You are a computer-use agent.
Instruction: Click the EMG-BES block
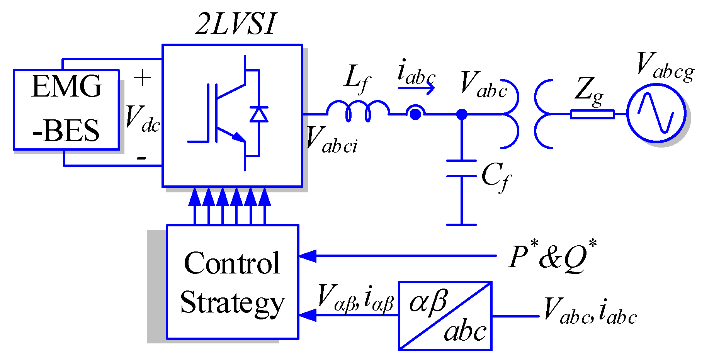point(66,110)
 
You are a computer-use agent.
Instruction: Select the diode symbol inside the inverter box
point(258,114)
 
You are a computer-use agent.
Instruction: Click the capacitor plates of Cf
point(461,168)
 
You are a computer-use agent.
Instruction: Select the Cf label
point(496,177)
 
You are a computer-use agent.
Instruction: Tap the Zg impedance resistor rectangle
point(592,114)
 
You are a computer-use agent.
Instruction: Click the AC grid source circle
point(656,114)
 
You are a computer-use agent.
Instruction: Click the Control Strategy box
point(232,282)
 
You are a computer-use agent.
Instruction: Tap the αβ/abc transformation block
point(445,316)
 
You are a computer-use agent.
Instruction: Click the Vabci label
point(331,140)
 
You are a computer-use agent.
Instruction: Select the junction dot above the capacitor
point(461,114)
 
